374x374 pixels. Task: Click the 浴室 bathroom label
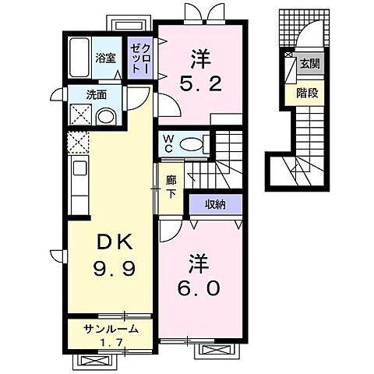105,58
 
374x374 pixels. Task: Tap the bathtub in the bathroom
79,58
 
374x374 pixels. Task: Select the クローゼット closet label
140,58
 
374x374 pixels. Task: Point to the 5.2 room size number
201,84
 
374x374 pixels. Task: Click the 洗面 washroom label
97,95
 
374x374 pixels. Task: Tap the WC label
168,144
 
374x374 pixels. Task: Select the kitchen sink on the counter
79,168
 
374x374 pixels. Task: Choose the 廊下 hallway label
171,187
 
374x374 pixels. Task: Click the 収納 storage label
216,205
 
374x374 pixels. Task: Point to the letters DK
115,243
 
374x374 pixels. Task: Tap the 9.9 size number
115,269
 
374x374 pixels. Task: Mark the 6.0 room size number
199,288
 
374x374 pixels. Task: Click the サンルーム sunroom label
111,329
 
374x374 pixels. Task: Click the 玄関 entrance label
309,63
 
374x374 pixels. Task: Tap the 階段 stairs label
307,93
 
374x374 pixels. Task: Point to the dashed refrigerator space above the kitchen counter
78,143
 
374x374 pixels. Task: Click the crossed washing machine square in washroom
81,115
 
